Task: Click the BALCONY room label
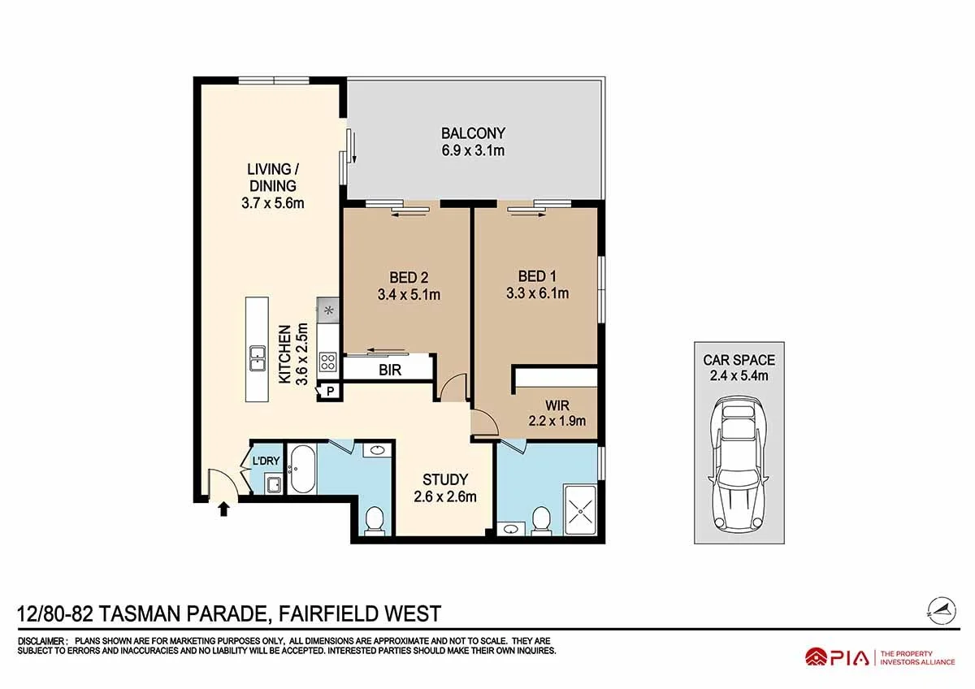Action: (x=473, y=132)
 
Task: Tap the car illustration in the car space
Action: (x=739, y=466)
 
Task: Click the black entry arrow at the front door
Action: (x=223, y=509)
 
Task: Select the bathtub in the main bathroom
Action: (x=302, y=468)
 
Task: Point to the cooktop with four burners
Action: (x=327, y=362)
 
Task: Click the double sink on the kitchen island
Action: (x=258, y=358)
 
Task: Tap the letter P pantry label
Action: (x=331, y=392)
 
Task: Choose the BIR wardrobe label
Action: (x=389, y=370)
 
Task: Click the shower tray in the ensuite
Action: (x=580, y=509)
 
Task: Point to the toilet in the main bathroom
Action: (x=374, y=521)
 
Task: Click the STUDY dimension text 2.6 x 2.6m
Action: (x=445, y=496)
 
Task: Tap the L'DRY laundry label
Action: (x=266, y=461)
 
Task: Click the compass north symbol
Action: (x=942, y=611)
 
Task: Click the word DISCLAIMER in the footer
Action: (x=41, y=641)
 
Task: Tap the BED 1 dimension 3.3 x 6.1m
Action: (x=538, y=294)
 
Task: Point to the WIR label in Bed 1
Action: (x=557, y=405)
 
